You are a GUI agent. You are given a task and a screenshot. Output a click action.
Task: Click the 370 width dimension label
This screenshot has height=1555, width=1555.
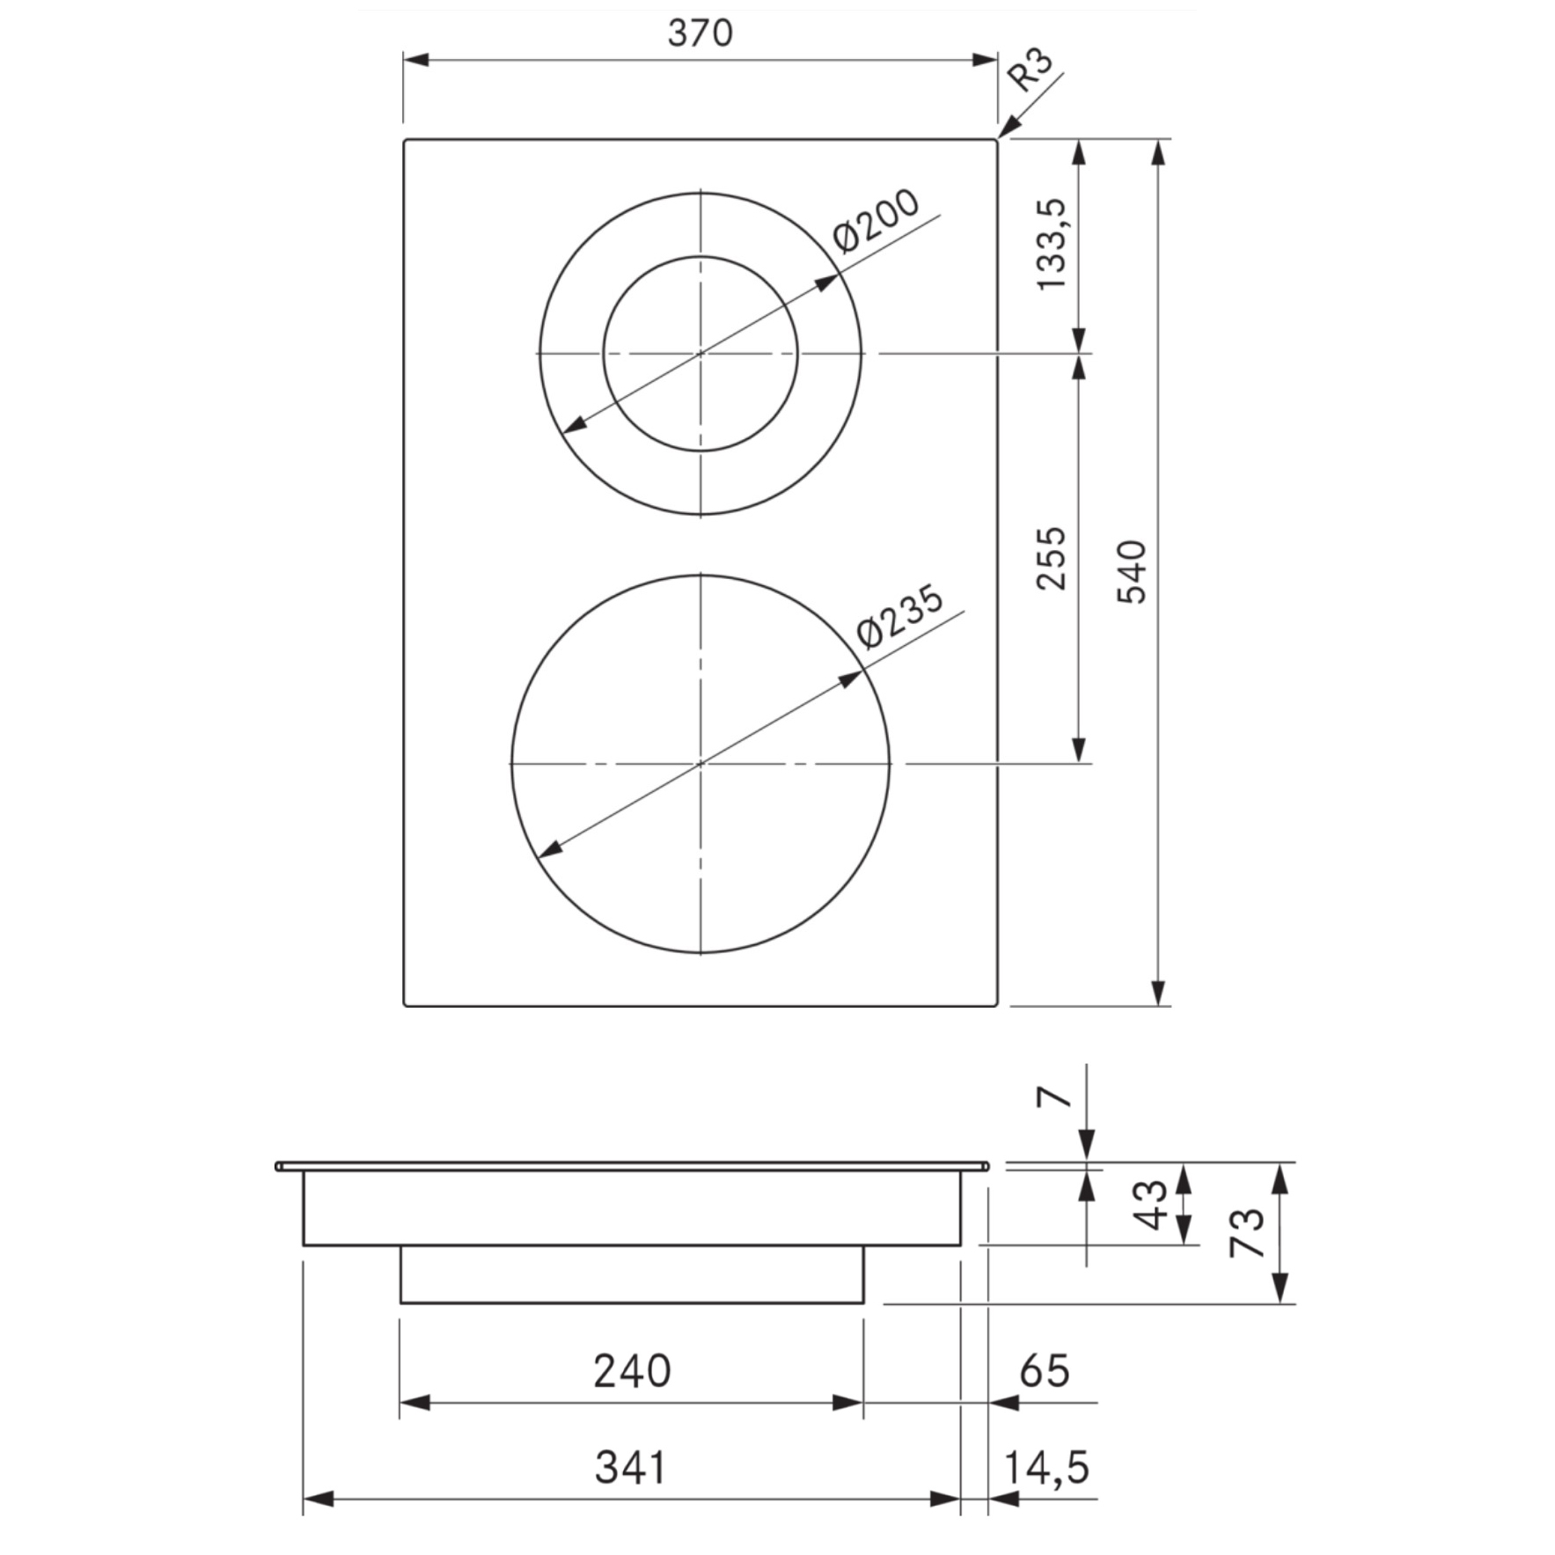pos(700,33)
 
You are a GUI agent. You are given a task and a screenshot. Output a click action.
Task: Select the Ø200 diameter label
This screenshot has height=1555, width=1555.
pos(877,221)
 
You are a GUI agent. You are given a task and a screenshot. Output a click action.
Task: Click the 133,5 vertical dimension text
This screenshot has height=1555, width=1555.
pos(1052,245)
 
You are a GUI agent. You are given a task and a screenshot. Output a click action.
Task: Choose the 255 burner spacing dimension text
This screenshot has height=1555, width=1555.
pos(1052,558)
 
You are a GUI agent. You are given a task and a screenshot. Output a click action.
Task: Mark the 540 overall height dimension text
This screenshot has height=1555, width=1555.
pos(1133,572)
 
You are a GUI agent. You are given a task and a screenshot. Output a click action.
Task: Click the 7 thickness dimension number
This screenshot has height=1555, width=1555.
pos(1055,1097)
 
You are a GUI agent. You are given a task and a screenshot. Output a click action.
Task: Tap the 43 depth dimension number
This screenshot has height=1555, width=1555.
pos(1152,1205)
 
